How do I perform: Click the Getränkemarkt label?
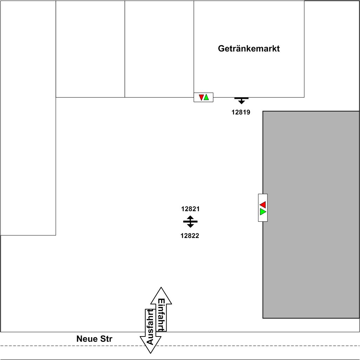249,48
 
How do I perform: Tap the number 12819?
241,113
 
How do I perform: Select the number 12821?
190,209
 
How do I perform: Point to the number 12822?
190,236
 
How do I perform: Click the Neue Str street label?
94,339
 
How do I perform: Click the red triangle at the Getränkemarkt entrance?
201,98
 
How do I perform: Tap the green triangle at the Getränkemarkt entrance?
206,97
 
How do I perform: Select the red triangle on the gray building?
263,204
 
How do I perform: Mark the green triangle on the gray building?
263,212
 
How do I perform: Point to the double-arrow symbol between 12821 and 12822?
190,222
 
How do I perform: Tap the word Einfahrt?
161,314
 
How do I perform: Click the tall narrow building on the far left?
28,118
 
